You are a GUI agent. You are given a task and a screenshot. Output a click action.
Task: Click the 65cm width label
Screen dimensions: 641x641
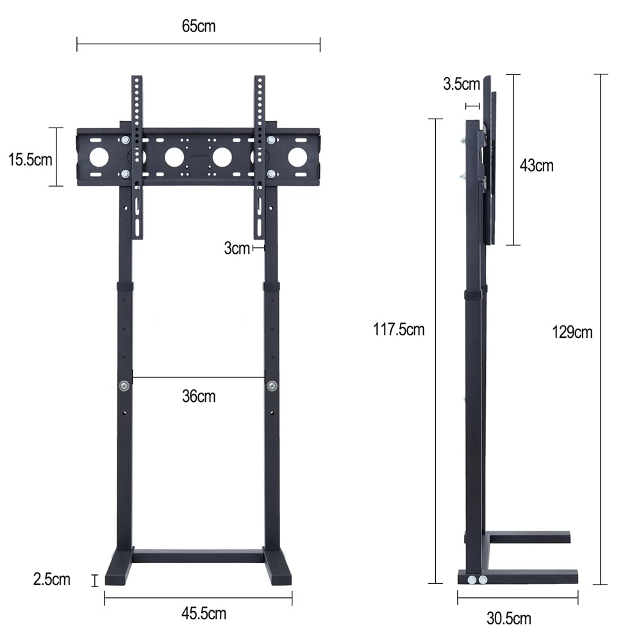[x=199, y=26]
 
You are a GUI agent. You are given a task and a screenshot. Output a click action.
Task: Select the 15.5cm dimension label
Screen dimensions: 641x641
[x=30, y=160]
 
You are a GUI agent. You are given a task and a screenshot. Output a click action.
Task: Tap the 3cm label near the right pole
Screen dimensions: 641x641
[x=237, y=249]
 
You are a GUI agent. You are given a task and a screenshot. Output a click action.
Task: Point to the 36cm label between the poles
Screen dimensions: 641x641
[x=199, y=396]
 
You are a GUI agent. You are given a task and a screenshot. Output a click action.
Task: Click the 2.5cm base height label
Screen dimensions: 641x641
[x=52, y=580]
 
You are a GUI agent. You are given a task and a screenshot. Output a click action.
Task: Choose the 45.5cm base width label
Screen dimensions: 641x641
[x=203, y=613]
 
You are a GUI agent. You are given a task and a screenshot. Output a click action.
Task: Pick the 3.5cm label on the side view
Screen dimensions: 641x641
[x=462, y=84]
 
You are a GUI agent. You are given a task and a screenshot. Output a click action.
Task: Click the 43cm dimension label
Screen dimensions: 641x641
[x=537, y=165]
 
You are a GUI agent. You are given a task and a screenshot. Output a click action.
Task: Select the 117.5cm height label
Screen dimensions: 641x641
[x=399, y=330]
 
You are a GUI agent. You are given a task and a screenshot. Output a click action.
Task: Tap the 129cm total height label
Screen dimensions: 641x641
[x=572, y=332]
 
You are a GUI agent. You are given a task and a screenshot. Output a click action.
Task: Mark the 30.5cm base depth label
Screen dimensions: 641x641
[x=509, y=619]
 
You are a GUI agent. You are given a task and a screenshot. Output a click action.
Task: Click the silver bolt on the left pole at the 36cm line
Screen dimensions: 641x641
[x=124, y=386]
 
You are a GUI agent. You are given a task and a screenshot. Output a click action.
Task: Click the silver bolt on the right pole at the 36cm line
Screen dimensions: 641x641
[x=272, y=386]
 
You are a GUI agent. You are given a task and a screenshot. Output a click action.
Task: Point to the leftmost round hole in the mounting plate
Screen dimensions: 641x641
[x=99, y=157]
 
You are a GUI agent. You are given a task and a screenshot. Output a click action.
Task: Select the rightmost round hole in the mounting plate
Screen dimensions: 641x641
[x=297, y=157]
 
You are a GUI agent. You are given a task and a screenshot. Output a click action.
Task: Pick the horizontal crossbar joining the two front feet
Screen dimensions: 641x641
[x=198, y=555]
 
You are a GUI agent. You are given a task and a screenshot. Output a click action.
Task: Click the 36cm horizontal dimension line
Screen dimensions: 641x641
[x=198, y=377]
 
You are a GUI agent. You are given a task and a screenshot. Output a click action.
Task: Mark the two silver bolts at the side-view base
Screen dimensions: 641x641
[x=477, y=580]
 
